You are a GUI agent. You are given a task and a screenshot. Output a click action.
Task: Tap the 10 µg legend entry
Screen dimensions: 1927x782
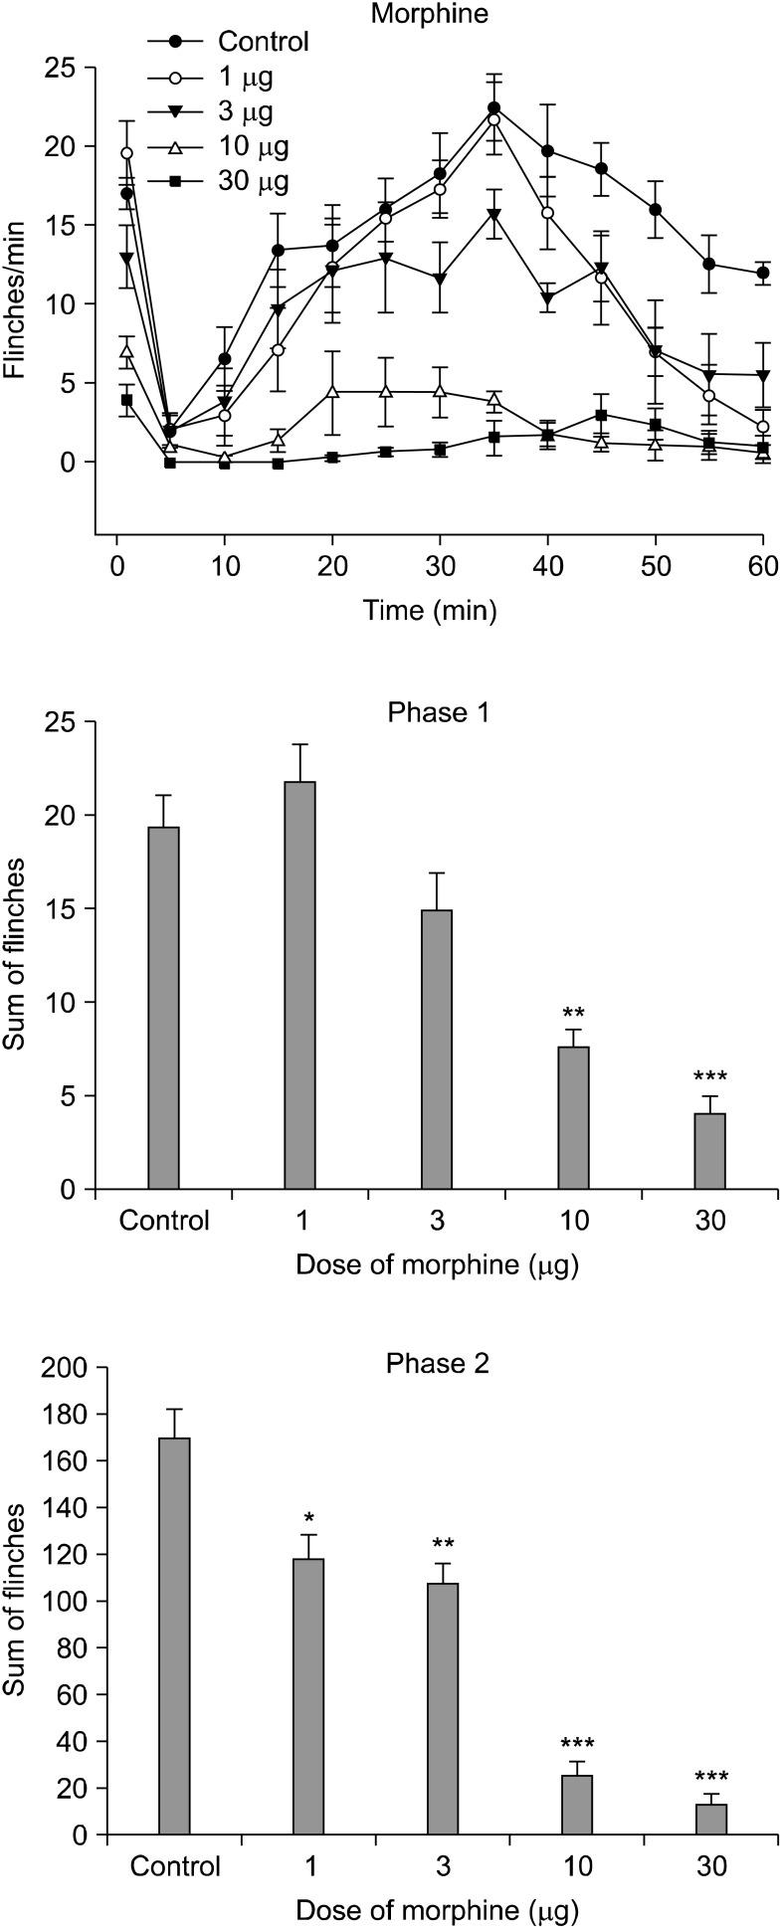(x=252, y=147)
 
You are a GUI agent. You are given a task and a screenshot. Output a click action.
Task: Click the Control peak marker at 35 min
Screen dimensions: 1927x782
(x=494, y=107)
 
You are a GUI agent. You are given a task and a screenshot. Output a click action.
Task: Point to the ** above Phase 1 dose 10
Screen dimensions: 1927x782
(x=574, y=1014)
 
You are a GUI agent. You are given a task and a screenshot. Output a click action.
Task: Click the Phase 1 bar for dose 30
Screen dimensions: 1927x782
(x=710, y=1151)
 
